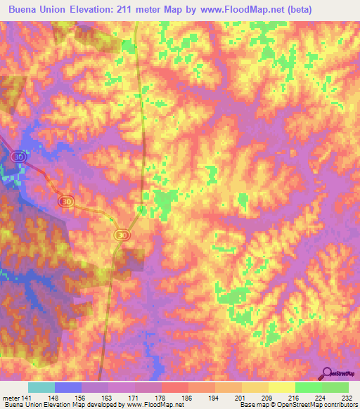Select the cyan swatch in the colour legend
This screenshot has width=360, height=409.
(x=41, y=387)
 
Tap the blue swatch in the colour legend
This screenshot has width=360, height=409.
(x=68, y=387)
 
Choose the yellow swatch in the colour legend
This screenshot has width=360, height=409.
(x=281, y=387)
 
